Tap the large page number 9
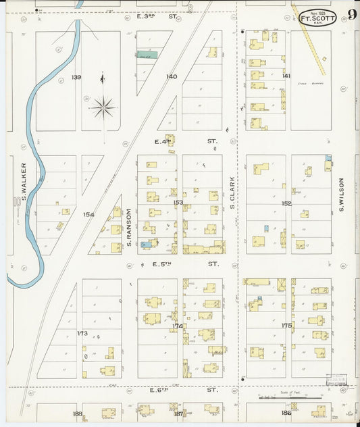pos(353,15)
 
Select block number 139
pos(76,77)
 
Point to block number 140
pos(172,76)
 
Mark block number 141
pos(286,76)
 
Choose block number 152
pos(286,203)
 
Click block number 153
pos(178,202)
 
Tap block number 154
pos(88,214)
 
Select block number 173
pos(82,333)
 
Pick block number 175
pos(286,326)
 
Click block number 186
pos(286,412)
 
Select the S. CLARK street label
pos(231,193)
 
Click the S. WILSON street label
pos(342,194)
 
